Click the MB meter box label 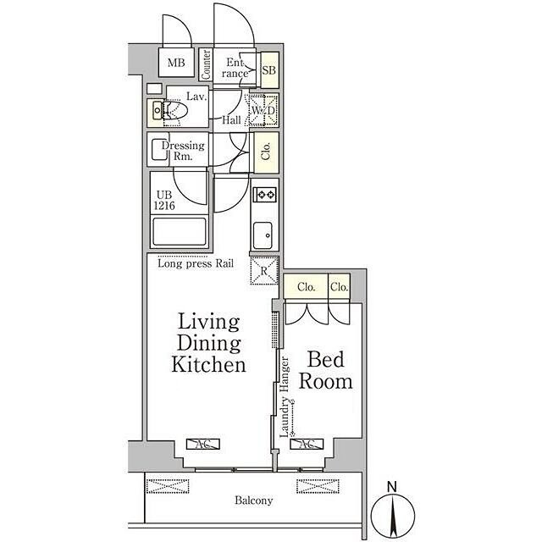(176, 63)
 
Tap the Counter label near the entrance (207, 64)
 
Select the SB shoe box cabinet (269, 70)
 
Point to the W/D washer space (263, 110)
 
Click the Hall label (231, 120)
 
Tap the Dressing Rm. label (183, 151)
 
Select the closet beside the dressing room (266, 152)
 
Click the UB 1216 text (164, 200)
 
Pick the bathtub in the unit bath (179, 231)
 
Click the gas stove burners (265, 195)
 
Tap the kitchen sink (263, 235)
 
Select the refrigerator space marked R (264, 271)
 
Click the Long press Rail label (196, 263)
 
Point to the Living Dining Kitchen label (209, 343)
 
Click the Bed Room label (325, 370)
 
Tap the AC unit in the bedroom (307, 444)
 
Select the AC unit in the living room (203, 444)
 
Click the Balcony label (254, 501)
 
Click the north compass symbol (393, 512)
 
